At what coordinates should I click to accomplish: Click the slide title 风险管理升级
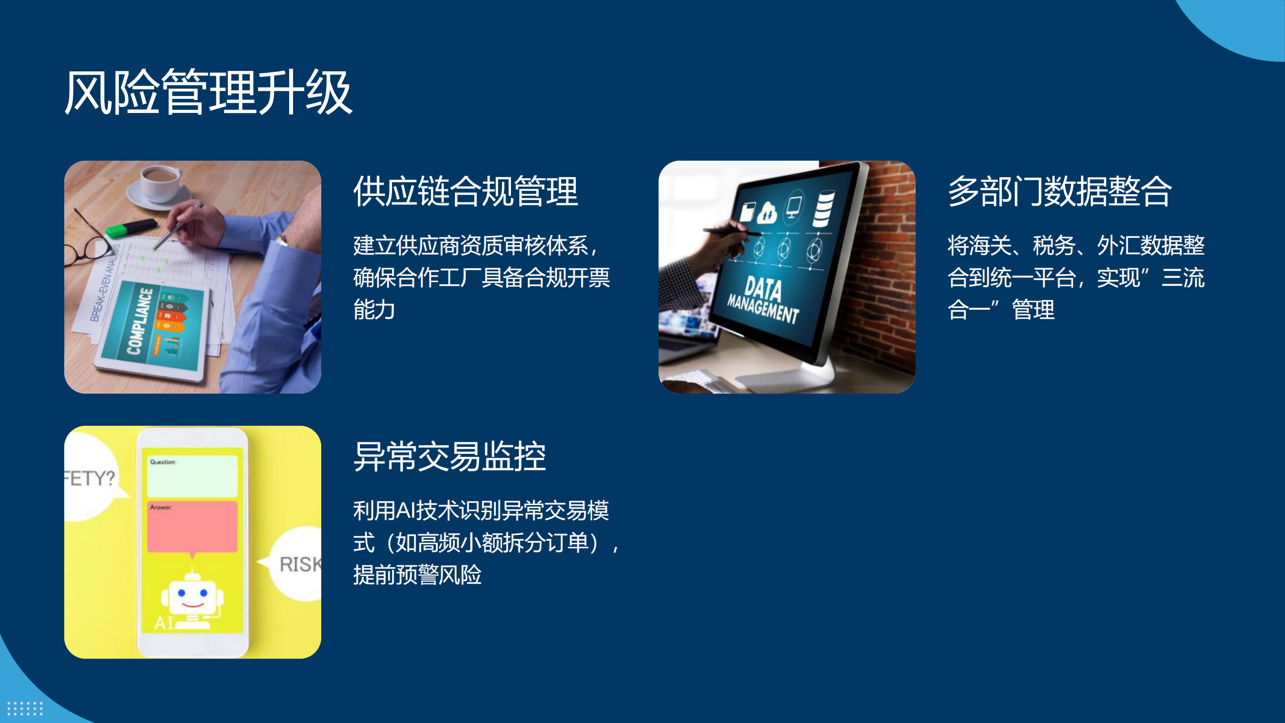209,92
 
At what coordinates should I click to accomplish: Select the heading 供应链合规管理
466,191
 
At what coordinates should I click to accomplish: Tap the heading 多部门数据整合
1060,191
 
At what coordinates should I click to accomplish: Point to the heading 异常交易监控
450,456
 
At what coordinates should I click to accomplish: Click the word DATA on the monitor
763,289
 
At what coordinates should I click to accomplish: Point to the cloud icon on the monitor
766,213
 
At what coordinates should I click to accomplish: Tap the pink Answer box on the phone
192,527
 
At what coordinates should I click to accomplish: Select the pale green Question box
192,476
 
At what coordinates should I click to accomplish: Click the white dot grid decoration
25,708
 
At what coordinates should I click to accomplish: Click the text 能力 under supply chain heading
374,309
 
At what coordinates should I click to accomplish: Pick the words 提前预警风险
418,574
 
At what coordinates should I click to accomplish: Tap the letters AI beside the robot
164,623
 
